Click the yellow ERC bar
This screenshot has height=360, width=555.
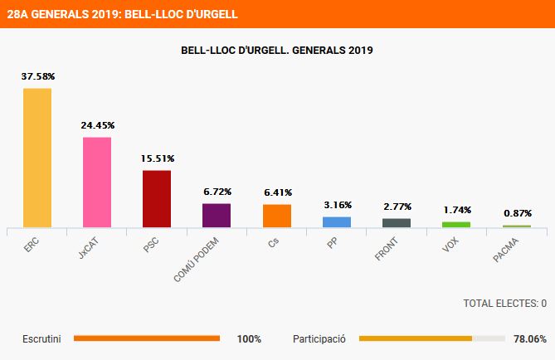click(x=37, y=158)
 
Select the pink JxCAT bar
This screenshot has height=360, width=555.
click(x=97, y=182)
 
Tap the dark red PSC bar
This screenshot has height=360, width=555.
click(x=157, y=198)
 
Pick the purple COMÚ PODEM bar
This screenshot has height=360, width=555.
click(x=217, y=215)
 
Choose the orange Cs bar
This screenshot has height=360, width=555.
click(x=277, y=216)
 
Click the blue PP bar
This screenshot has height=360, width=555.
click(x=337, y=221)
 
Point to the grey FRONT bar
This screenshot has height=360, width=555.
click(x=397, y=222)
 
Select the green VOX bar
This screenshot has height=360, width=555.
click(x=456, y=224)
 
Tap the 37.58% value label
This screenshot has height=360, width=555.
click(x=38, y=76)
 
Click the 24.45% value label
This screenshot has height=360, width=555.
click(x=98, y=125)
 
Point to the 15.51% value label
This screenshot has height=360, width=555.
click(x=158, y=158)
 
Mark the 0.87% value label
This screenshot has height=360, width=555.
click(x=518, y=212)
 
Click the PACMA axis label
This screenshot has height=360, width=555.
click(x=507, y=250)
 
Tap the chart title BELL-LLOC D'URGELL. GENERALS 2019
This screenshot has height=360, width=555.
click(x=277, y=51)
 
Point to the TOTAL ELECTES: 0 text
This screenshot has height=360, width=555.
click(x=504, y=304)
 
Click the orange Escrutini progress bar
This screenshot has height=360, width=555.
click(x=147, y=338)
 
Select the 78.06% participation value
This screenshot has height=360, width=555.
click(x=529, y=339)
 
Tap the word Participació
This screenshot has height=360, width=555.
click(x=319, y=339)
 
